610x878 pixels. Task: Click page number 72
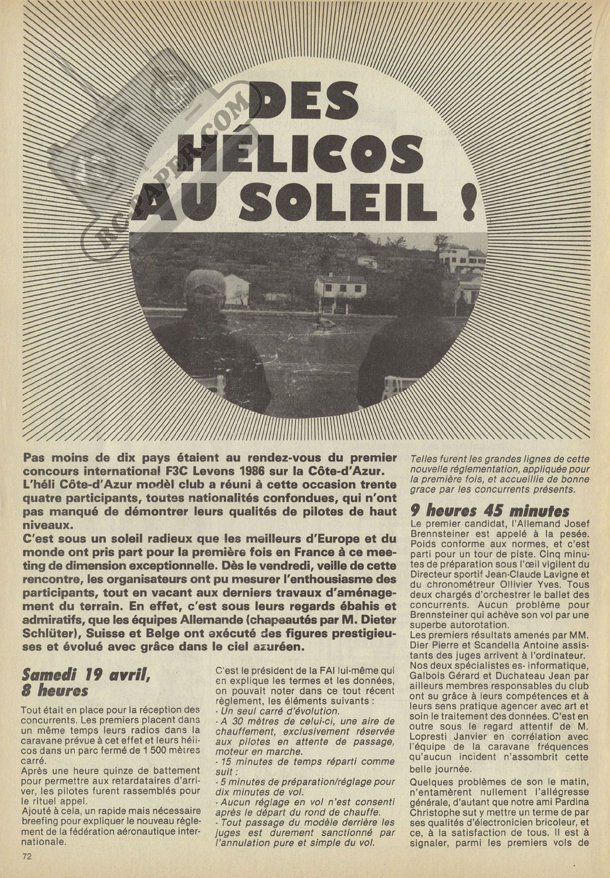pos(27,856)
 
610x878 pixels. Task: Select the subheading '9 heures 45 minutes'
pos(490,511)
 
